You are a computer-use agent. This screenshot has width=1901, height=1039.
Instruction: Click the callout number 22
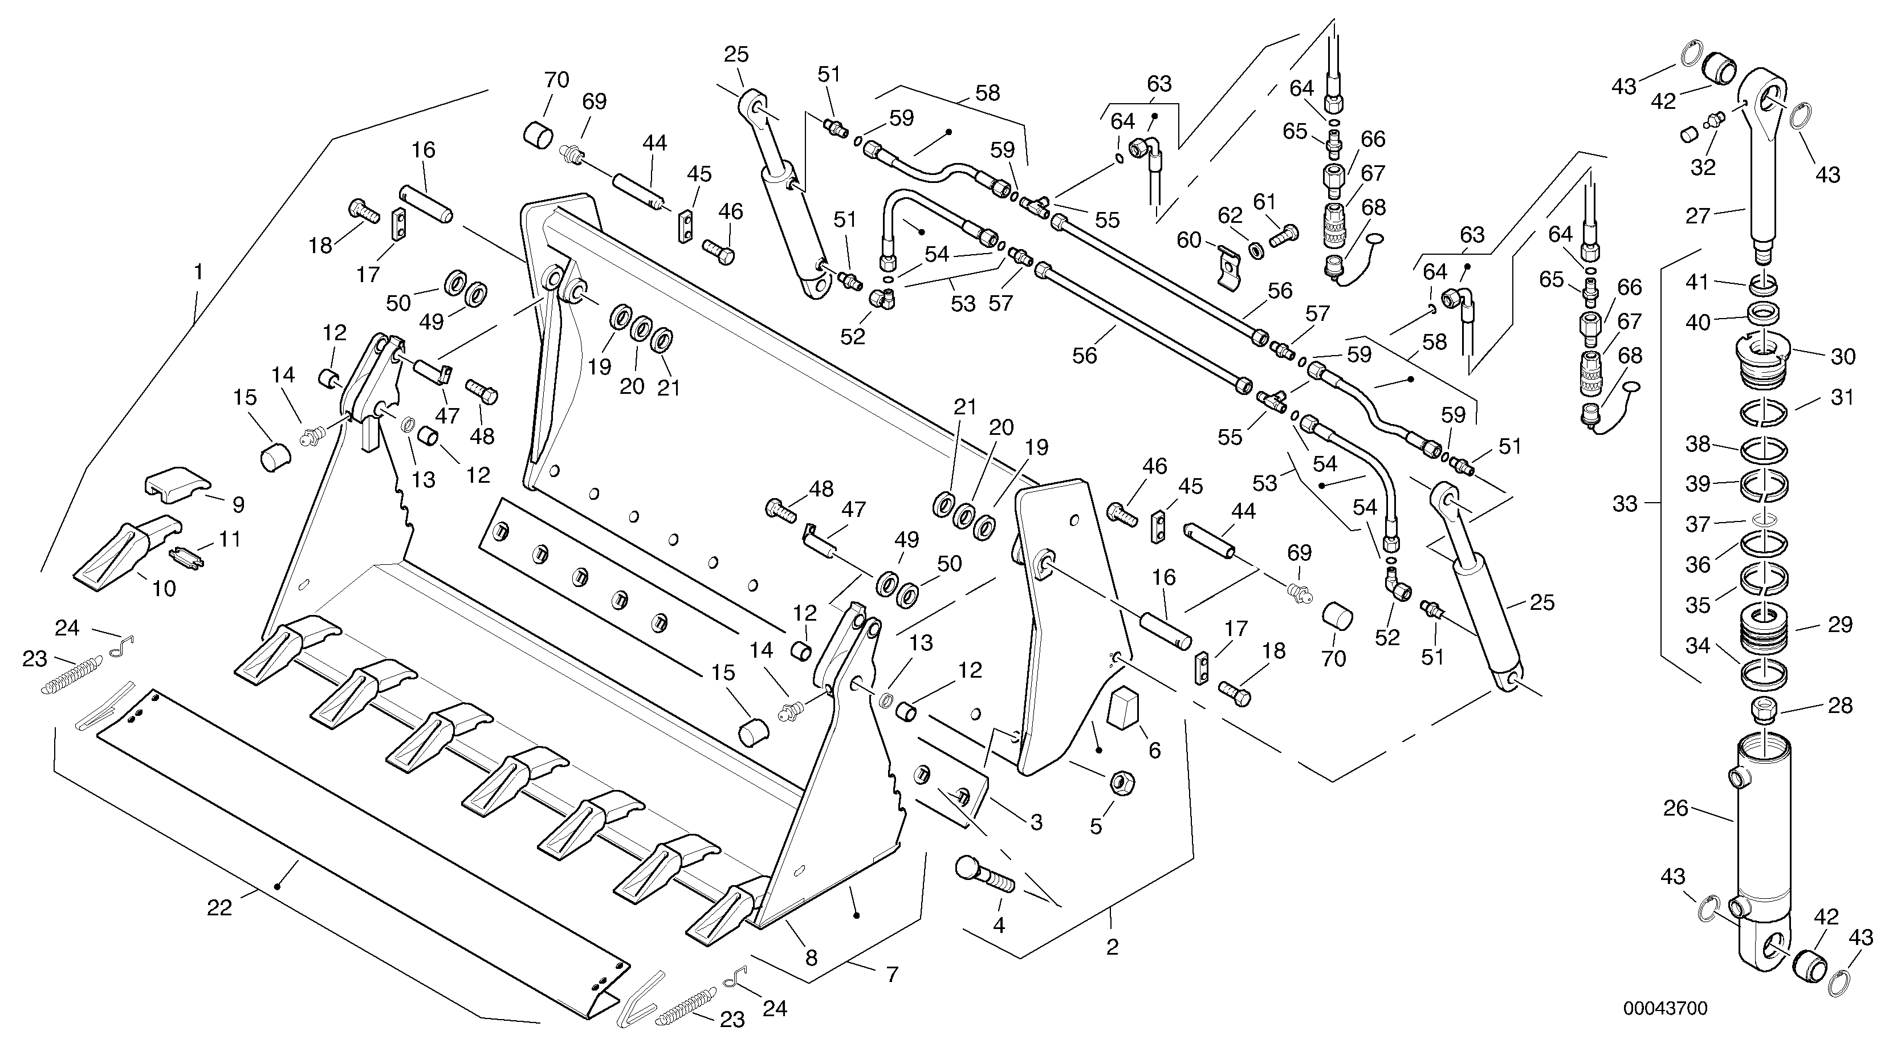pyautogui.click(x=219, y=908)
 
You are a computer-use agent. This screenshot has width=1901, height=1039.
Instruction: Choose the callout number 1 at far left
pyautogui.click(x=197, y=272)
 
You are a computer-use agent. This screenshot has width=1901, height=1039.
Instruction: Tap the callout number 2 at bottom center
pyautogui.click(x=1112, y=947)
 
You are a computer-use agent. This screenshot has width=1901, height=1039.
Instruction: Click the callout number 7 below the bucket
pyautogui.click(x=892, y=975)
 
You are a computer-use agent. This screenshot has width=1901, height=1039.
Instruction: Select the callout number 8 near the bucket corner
pyautogui.click(x=811, y=958)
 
